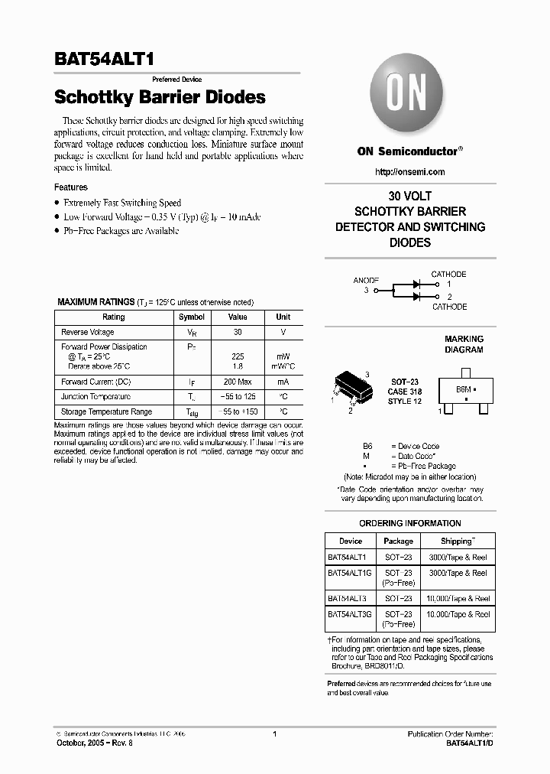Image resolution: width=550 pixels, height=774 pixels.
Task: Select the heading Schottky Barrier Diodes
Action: point(160,98)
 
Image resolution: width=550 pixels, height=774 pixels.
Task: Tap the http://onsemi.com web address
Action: point(410,172)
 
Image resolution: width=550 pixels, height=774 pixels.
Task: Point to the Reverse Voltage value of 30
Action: point(238,333)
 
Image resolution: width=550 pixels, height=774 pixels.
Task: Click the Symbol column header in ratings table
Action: point(191,317)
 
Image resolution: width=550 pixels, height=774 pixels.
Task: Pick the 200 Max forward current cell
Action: point(238,382)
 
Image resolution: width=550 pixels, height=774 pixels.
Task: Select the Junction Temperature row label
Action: point(95,397)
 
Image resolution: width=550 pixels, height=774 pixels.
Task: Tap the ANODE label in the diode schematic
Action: point(366,281)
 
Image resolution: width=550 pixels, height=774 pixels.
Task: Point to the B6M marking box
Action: point(464,390)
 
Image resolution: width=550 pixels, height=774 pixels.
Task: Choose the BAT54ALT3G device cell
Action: point(349,614)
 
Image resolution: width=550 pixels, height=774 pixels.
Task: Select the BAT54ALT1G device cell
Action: point(349,573)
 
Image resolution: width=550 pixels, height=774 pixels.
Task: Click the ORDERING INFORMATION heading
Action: point(409,523)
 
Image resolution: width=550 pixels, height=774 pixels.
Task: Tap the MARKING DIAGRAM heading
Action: point(464,344)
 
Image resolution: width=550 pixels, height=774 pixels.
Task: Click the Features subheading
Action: point(70,187)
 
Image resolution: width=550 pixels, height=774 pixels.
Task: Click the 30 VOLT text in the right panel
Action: point(410,195)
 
